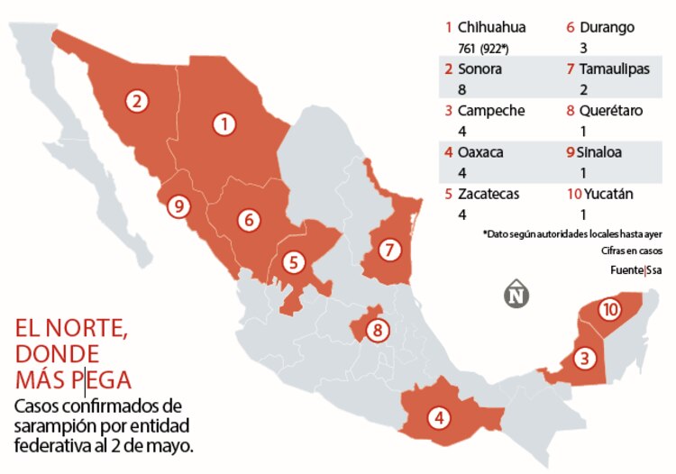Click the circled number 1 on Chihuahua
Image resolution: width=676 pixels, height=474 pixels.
point(224,124)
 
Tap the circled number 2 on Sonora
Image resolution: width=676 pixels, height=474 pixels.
point(137,100)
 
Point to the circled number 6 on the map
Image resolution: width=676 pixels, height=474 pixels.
point(249,219)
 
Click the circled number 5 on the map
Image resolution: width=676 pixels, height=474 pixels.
point(293,262)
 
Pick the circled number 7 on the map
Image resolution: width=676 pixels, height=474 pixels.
point(388,250)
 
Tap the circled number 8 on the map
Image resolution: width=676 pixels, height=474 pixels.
point(378,330)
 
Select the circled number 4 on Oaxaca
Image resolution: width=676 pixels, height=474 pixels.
point(439,417)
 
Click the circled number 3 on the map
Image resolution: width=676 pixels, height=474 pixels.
point(586,359)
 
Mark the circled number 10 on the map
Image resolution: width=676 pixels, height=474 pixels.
point(610,310)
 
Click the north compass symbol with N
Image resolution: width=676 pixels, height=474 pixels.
point(516,295)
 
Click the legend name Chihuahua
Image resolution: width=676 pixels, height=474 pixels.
point(492,28)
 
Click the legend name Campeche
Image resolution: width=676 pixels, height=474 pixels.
point(490,111)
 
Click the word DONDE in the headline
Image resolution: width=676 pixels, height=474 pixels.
point(57,352)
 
